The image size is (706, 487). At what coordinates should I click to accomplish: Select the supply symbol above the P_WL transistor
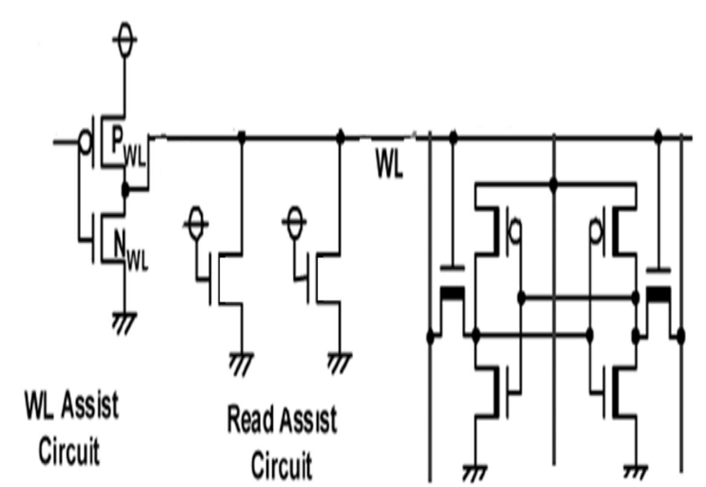[125, 40]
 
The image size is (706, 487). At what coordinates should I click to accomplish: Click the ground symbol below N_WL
[125, 322]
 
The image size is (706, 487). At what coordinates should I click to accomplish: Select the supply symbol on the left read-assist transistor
[195, 224]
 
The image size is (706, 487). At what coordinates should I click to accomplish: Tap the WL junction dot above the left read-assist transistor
[241, 137]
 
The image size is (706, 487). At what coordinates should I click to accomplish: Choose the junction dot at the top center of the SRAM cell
[553, 182]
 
